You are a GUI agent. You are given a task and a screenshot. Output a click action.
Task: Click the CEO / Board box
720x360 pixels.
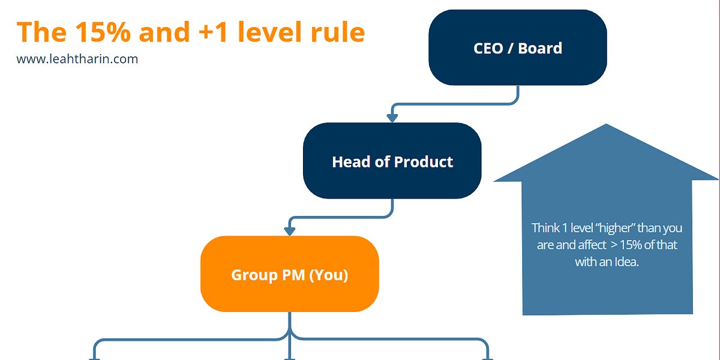[517, 47]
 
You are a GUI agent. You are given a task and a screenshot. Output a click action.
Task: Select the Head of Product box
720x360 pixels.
[392, 161]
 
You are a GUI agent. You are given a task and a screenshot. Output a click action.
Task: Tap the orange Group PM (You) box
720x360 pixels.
[289, 274]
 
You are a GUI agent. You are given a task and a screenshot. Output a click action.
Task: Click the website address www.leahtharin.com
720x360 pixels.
[77, 59]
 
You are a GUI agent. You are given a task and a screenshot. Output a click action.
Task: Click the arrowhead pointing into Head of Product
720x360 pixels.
[392, 118]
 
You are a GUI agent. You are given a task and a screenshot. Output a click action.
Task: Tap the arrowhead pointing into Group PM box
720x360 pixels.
[290, 231]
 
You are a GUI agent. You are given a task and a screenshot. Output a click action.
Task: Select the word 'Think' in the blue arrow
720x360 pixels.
[544, 228]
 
